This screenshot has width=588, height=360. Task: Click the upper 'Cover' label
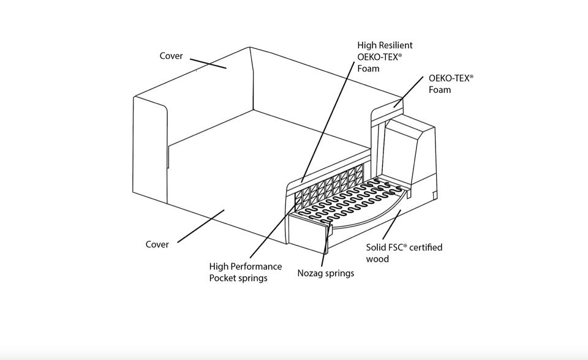tap(171, 56)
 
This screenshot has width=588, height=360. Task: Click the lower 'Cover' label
tap(157, 244)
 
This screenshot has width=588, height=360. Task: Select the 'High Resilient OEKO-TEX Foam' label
tap(385, 56)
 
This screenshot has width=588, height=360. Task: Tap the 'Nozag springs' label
tap(325, 273)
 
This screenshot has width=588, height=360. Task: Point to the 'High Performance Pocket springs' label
tap(246, 272)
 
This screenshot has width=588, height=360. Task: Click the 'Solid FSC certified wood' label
tap(404, 253)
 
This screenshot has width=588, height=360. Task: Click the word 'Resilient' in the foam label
tap(395, 45)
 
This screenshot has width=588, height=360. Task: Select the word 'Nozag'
tap(311, 273)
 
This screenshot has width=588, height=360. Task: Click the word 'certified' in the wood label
tap(426, 247)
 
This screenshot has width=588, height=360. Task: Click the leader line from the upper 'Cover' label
tap(208, 63)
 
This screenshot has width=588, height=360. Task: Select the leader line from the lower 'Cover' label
tap(200, 227)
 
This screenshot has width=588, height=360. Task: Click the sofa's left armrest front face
tap(150, 153)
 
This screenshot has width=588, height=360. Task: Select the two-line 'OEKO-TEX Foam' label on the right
tap(451, 84)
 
